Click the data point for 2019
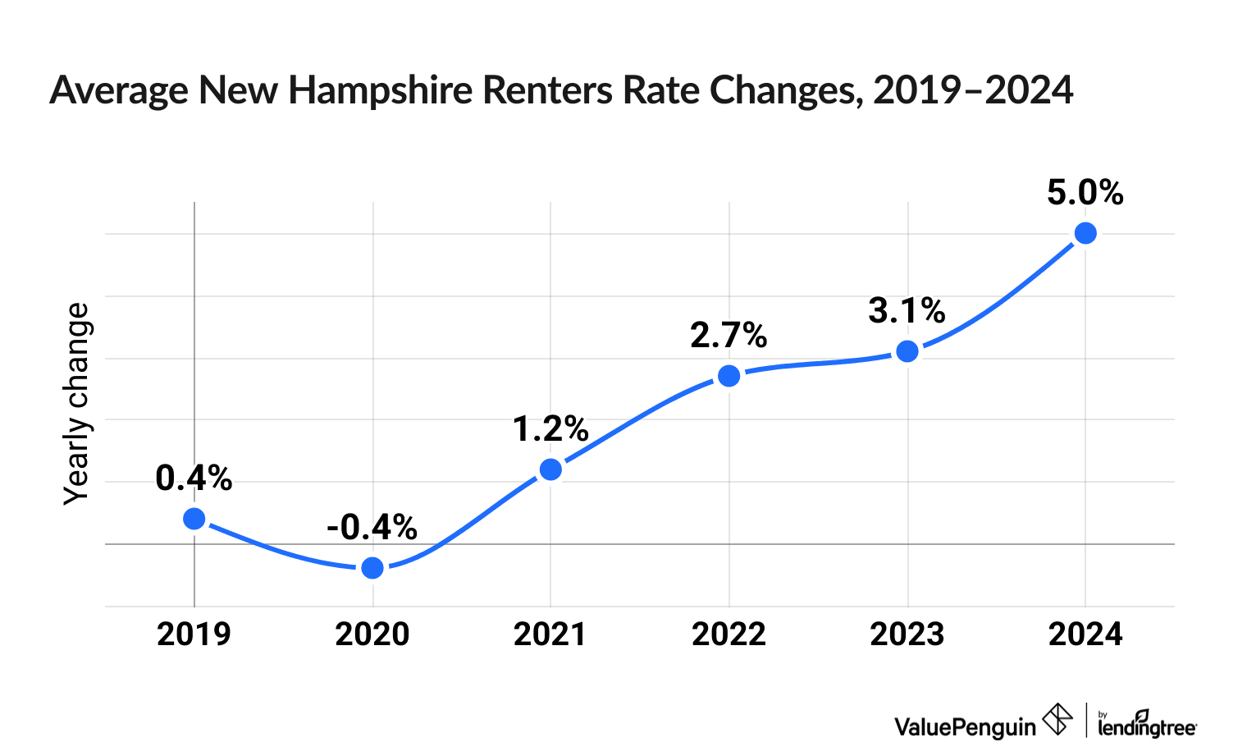tap(194, 518)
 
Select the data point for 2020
tap(372, 568)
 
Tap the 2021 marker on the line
tap(550, 469)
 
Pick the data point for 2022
tap(729, 376)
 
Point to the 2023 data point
tap(907, 351)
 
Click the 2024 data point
tap(1085, 233)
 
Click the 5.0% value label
tap(1085, 193)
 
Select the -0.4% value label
tap(372, 527)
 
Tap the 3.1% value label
tap(907, 311)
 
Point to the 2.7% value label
tap(729, 335)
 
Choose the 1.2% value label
tap(550, 428)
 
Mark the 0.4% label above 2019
tap(194, 478)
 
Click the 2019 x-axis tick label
tap(194, 634)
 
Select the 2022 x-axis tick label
tap(729, 634)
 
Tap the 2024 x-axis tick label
tap(1085, 634)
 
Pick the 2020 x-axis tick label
tap(372, 634)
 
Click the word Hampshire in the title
tap(381, 90)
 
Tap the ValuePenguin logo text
tap(965, 726)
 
